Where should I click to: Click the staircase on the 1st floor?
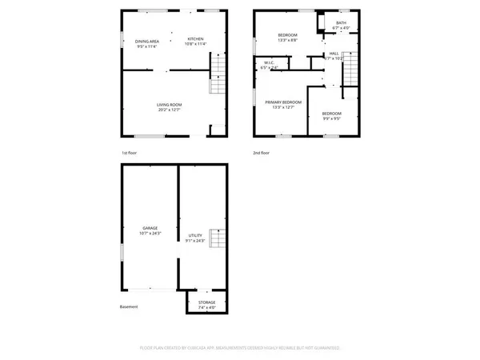[218, 83]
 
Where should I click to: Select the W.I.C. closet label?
[269, 65]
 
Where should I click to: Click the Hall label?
[334, 56]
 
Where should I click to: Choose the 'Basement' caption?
[130, 307]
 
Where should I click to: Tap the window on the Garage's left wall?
[121, 250]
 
